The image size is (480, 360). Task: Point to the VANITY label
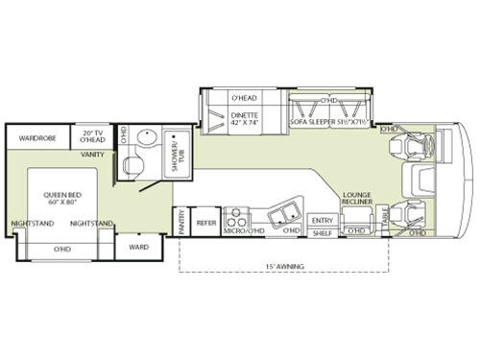pos(93,154)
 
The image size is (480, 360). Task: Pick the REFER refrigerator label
pos(205,221)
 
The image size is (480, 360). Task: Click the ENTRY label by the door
pos(322,220)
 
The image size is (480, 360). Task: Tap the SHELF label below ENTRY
pos(322,231)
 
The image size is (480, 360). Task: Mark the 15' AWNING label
pos(282,266)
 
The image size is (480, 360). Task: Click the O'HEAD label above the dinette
pos(243,98)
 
